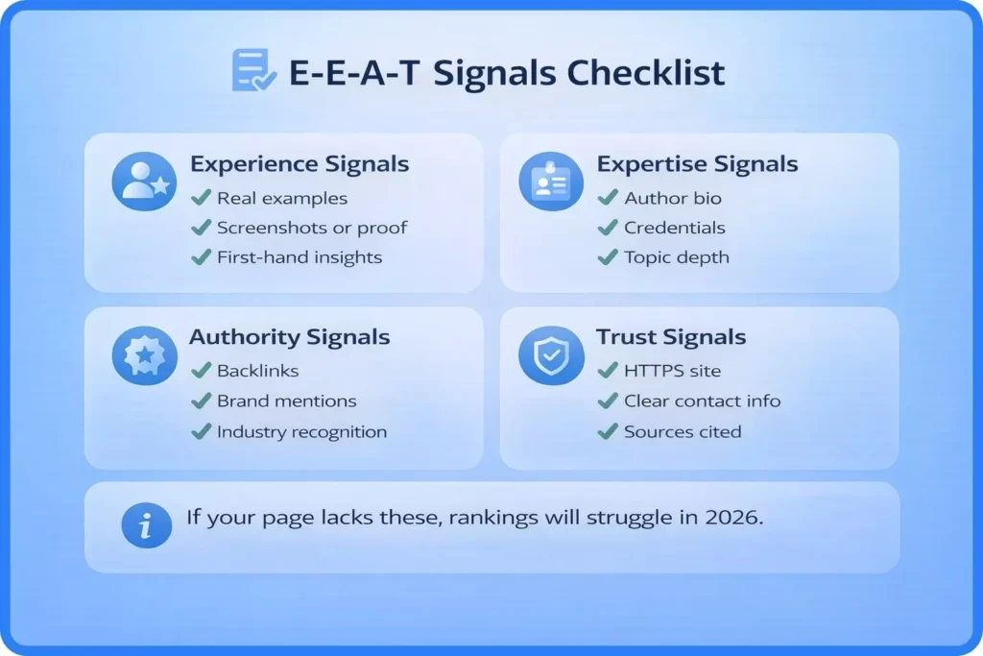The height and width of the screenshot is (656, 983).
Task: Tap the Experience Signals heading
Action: pos(299,164)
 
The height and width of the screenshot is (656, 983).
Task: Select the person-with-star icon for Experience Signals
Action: pos(144,181)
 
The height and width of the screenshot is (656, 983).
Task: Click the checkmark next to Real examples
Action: pos(201,199)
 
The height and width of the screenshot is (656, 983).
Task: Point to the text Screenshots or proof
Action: pos(311,228)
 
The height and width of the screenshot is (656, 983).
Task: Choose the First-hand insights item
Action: pos(300,257)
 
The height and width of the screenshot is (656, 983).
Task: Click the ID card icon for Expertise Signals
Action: pos(551,181)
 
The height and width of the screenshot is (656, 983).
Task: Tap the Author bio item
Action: pos(672,199)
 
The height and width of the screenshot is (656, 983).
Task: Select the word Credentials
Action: pos(674,228)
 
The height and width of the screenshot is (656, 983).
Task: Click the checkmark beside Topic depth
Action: pos(608,257)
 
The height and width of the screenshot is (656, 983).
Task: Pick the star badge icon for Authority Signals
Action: pos(144,355)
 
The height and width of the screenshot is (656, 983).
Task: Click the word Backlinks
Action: pos(257,371)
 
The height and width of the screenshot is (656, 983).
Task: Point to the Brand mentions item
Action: pos(286,401)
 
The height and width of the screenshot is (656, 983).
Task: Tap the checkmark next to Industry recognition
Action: pos(201,431)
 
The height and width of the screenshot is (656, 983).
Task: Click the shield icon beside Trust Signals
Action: pos(551,355)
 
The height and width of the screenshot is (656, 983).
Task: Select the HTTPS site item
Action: pos(672,371)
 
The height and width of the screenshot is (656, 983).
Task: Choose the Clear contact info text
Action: pos(702,401)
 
